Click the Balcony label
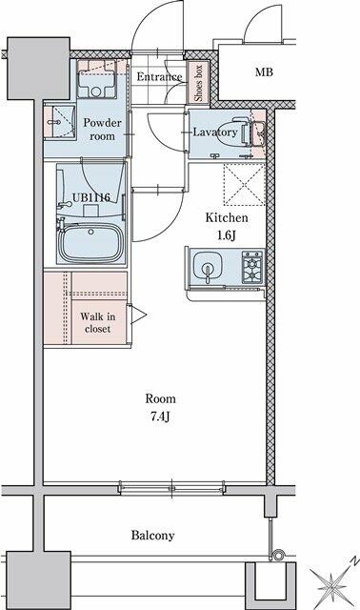(152, 536)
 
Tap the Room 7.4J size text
(160, 417)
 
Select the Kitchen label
(227, 217)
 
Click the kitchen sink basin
(208, 266)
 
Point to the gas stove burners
(252, 267)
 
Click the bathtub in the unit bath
(91, 242)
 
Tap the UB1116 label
(91, 197)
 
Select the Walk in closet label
(97, 322)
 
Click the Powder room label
(102, 130)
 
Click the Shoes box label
(198, 83)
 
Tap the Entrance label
(159, 76)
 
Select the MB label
(264, 72)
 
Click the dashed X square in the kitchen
(245, 184)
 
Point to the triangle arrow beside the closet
(138, 315)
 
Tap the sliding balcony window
(171, 488)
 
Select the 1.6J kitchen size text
(227, 235)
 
